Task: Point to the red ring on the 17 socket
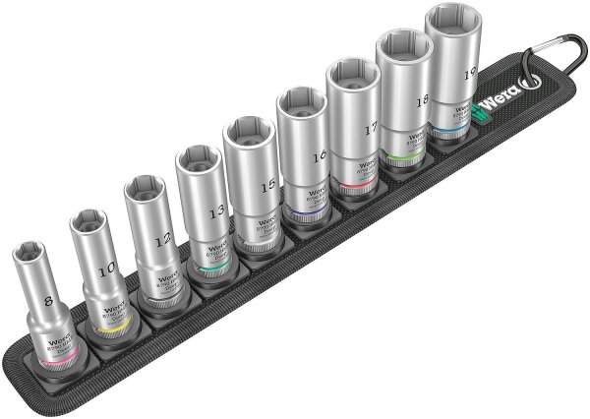[x=363, y=186]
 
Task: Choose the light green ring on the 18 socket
[x=413, y=155]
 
